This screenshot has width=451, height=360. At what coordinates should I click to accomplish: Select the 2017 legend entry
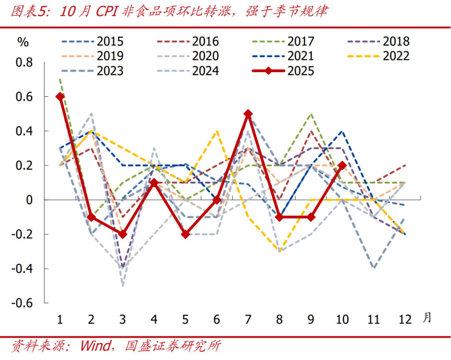pyautogui.click(x=301, y=41)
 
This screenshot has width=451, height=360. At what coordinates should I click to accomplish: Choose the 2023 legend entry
pyautogui.click(x=110, y=71)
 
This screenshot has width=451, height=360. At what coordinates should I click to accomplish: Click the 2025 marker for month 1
pyautogui.click(x=60, y=96)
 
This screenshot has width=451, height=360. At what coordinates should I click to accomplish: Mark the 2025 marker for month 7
pyautogui.click(x=248, y=114)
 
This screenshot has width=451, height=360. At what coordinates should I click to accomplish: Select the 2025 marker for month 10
pyautogui.click(x=342, y=165)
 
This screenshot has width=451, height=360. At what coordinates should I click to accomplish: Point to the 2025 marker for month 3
pyautogui.click(x=123, y=234)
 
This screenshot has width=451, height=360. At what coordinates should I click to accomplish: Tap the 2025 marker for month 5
pyautogui.click(x=185, y=234)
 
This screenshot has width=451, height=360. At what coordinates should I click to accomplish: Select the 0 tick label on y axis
pyautogui.click(x=29, y=200)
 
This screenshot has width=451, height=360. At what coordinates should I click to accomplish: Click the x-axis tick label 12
pyautogui.click(x=405, y=320)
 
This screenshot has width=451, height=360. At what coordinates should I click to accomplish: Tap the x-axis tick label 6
pyautogui.click(x=217, y=320)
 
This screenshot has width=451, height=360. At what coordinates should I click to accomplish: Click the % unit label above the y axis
pyautogui.click(x=23, y=42)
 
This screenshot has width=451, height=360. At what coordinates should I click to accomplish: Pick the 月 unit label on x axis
pyautogui.click(x=427, y=318)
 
